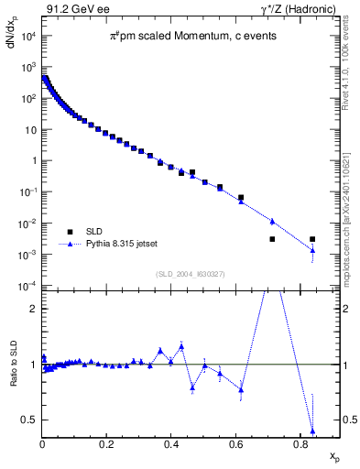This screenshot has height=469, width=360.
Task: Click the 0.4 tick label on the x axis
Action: [x=171, y=444]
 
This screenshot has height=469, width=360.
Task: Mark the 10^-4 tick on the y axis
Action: [x=27, y=286]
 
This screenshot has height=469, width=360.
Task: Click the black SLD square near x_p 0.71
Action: [x=272, y=239]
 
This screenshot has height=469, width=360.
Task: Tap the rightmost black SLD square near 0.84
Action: [x=312, y=239]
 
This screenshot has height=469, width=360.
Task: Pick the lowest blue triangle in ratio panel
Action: [x=312, y=431]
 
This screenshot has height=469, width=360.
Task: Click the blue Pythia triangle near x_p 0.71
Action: [x=272, y=221]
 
